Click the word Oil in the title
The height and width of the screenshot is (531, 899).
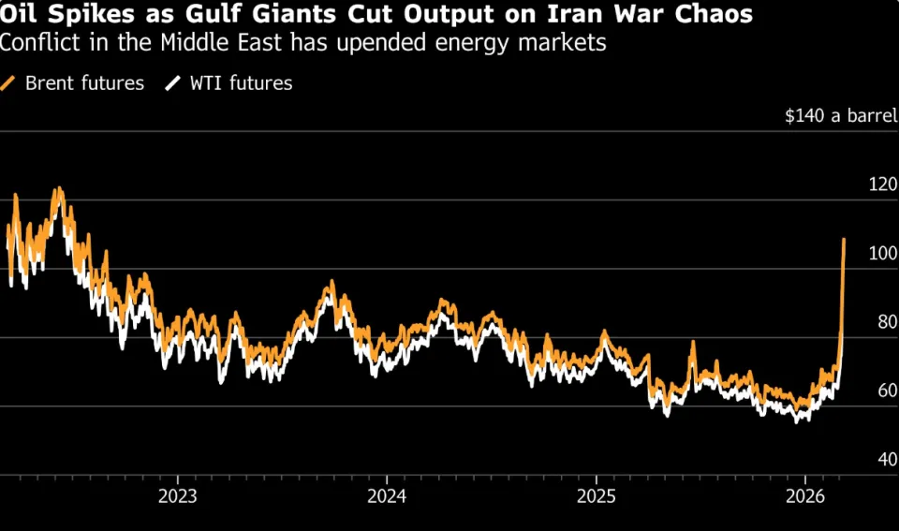click(x=20, y=15)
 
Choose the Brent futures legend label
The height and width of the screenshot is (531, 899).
click(x=85, y=83)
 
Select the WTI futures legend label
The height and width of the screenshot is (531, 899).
click(x=242, y=83)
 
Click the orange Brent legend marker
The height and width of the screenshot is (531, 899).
click(x=9, y=83)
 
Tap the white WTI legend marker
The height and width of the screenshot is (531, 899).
click(x=171, y=83)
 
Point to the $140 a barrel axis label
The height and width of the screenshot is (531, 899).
click(x=839, y=116)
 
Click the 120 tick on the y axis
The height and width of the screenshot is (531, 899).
click(x=882, y=185)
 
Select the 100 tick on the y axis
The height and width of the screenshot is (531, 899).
click(x=882, y=254)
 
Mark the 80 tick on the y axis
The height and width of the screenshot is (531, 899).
click(x=886, y=322)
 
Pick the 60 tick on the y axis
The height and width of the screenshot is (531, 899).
click(x=886, y=391)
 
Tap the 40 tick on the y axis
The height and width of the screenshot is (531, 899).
click(x=886, y=460)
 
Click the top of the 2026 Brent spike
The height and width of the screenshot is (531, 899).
click(x=844, y=240)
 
